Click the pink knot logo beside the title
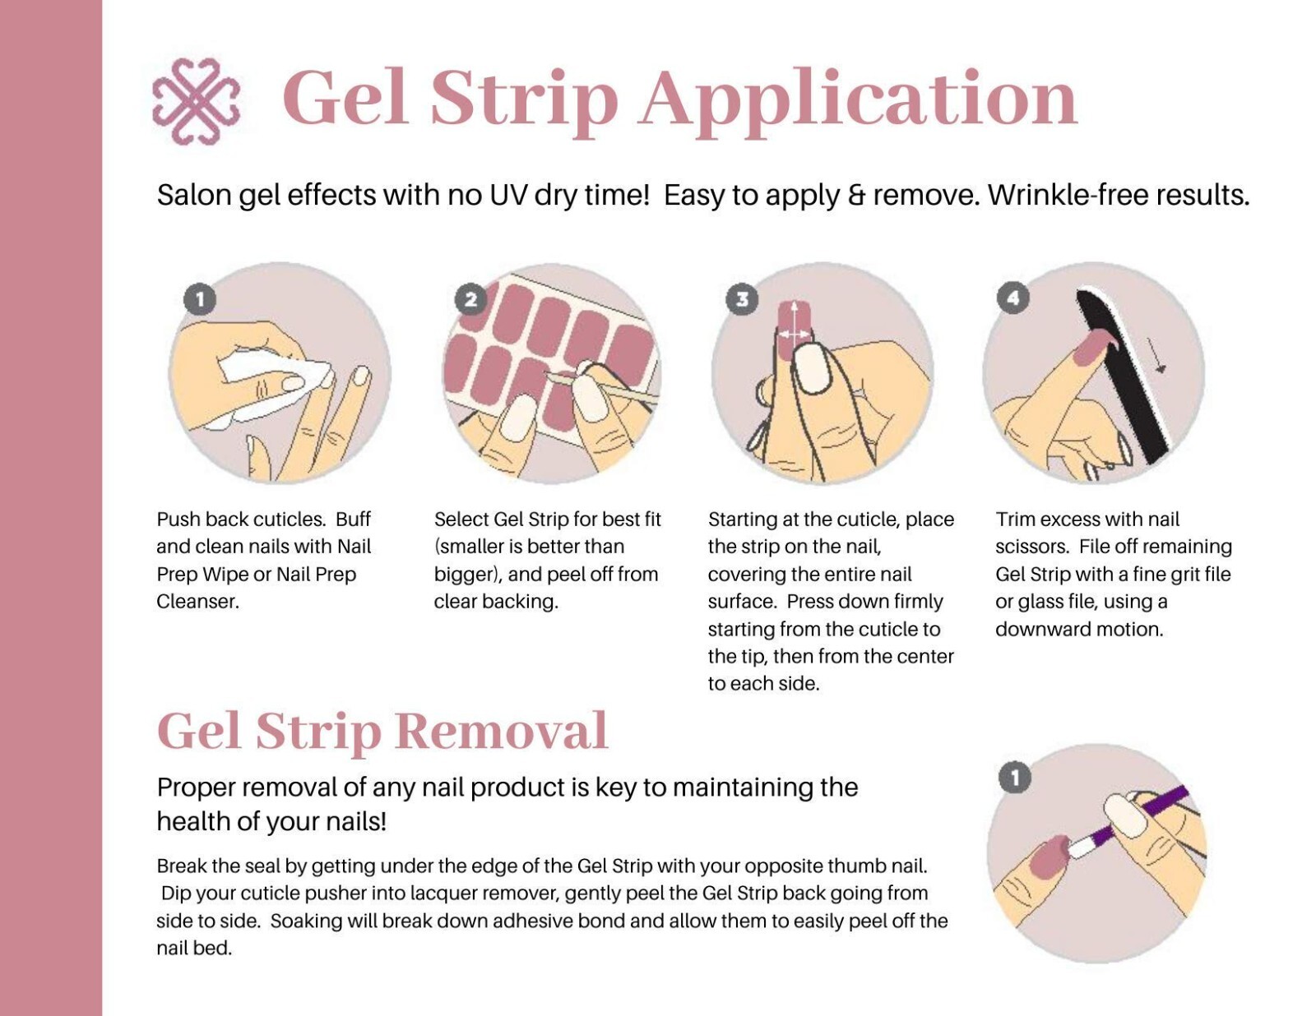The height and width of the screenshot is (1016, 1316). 196,101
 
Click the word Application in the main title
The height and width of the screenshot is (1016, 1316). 859,99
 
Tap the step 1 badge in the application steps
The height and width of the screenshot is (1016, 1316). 200,299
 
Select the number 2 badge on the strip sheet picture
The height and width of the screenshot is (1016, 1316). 470,299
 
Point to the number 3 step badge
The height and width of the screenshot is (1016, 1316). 742,299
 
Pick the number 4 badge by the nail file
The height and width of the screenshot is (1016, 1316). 1012,298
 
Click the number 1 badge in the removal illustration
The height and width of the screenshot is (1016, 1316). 1014,778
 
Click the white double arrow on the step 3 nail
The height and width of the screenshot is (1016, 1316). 794,334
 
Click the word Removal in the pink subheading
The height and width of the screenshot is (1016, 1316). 501,731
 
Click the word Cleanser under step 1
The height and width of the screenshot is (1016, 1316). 197,602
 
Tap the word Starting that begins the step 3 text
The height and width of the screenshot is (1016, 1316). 743,520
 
